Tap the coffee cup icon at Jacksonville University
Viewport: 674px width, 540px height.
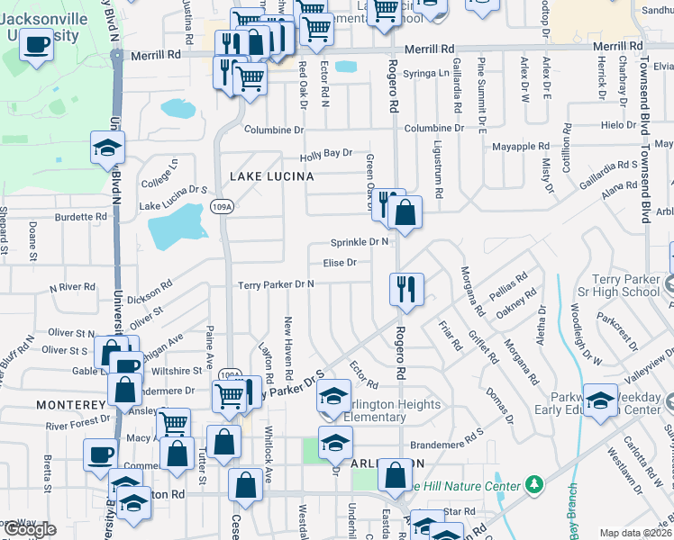pos(36,43)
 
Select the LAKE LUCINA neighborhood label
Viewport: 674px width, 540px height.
pos(271,177)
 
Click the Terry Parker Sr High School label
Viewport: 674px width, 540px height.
pos(628,285)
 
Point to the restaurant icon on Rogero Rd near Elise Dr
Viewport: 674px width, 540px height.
pos(406,289)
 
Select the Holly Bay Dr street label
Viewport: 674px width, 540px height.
pos(325,155)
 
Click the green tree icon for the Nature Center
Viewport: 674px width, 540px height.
pos(534,484)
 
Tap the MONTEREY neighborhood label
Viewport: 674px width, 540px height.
pos(71,406)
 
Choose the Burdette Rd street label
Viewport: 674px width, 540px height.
pos(80,217)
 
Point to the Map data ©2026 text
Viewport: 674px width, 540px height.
pos(635,533)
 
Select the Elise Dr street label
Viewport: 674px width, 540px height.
pos(340,263)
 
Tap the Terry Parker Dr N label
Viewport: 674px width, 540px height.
pos(276,285)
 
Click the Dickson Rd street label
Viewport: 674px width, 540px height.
pos(149,291)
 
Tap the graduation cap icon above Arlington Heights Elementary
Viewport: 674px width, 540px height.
pos(333,397)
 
